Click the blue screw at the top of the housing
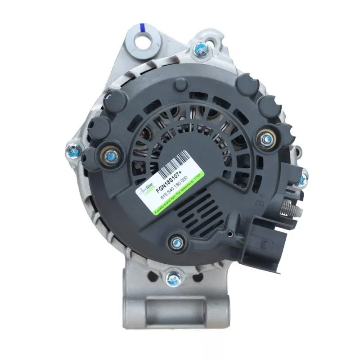[199, 49]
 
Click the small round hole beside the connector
[230, 234]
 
